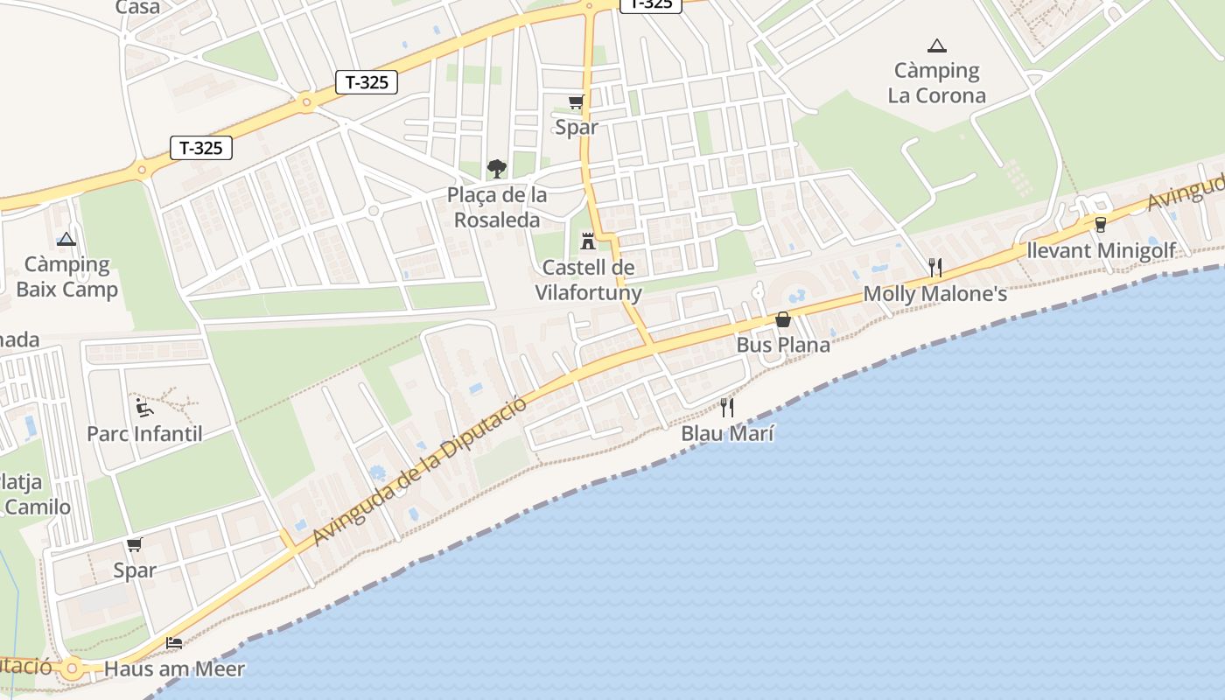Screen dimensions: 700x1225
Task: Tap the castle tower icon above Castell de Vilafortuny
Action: point(588,241)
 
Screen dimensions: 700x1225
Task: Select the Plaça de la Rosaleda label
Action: point(497,207)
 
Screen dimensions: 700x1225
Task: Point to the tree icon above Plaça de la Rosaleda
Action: point(496,168)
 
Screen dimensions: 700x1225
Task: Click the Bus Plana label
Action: point(783,345)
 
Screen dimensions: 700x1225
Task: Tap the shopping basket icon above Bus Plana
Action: point(783,319)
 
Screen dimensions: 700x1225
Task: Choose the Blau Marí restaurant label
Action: point(728,433)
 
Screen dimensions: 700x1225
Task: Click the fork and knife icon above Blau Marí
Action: point(727,407)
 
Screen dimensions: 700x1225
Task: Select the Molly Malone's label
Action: point(935,294)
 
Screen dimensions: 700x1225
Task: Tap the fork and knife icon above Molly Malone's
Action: point(935,268)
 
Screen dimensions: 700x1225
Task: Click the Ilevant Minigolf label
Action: point(1101,251)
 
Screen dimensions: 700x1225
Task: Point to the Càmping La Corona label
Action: point(936,83)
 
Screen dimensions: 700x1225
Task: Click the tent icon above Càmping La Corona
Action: point(936,45)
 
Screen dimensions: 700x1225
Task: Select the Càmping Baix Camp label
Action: point(66,276)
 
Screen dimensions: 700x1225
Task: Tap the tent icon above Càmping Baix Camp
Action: point(66,239)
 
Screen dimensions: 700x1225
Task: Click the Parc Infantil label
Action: point(144,434)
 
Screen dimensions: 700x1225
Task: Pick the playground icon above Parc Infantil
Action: point(144,408)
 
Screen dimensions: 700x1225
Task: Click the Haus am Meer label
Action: point(174,669)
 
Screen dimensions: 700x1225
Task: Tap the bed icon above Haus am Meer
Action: point(174,643)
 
